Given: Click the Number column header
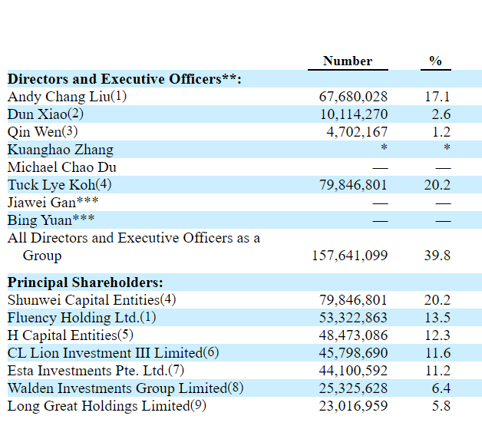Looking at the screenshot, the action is pos(348,61).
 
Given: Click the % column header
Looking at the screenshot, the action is pos(436,61).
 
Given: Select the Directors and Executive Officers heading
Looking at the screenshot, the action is pos(124,79).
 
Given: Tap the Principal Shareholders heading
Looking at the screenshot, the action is pos(85,282).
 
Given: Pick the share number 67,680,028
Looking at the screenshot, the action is pos(353,97).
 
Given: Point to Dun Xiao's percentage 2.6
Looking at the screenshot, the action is pos(441,114).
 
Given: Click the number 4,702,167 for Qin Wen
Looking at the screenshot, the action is pos(357,132).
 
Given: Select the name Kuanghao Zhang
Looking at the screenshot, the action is pos(61,150).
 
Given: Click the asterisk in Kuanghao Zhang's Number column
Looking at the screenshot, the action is pos(384,147).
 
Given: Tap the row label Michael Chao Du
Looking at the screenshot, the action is pos(62,167).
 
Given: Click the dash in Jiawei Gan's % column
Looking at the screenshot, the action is pos(444,203).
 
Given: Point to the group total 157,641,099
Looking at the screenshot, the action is pos(350,256).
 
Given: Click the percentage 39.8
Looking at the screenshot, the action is pos(437,256).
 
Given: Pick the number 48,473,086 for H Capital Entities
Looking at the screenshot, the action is pos(353,335).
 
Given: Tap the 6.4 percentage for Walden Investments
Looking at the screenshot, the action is pos(441,388).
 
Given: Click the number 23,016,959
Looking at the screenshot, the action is pos(353,406).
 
